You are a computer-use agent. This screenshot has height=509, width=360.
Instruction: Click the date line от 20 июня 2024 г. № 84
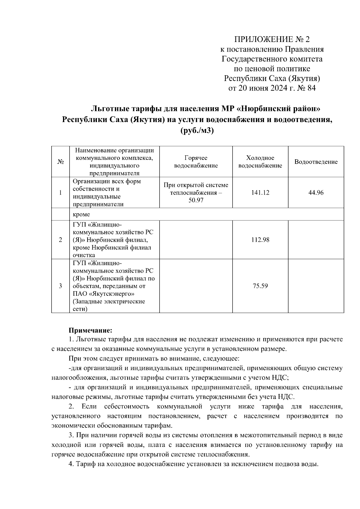tap(272, 88)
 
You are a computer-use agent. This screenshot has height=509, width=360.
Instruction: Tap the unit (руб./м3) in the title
tap(197, 130)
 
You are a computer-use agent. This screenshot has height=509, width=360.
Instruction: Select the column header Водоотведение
tap(316, 162)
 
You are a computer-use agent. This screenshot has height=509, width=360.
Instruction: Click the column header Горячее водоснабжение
tap(196, 162)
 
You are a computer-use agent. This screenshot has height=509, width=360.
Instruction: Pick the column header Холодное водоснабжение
tap(260, 162)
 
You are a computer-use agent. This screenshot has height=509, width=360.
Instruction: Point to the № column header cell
tap(60, 162)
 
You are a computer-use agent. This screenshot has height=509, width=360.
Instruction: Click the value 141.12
tap(260, 193)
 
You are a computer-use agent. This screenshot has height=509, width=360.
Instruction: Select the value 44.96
tap(316, 193)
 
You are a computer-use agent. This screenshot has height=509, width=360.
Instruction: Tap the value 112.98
tap(260, 240)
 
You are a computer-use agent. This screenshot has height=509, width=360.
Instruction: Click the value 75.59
tap(260, 286)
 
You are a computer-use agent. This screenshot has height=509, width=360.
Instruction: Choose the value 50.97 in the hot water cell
tap(196, 200)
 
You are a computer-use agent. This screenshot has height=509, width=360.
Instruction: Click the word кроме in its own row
tap(81, 214)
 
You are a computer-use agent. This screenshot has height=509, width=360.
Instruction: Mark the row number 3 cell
tap(60, 286)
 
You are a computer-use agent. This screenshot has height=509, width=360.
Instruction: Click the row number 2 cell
tap(60, 240)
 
